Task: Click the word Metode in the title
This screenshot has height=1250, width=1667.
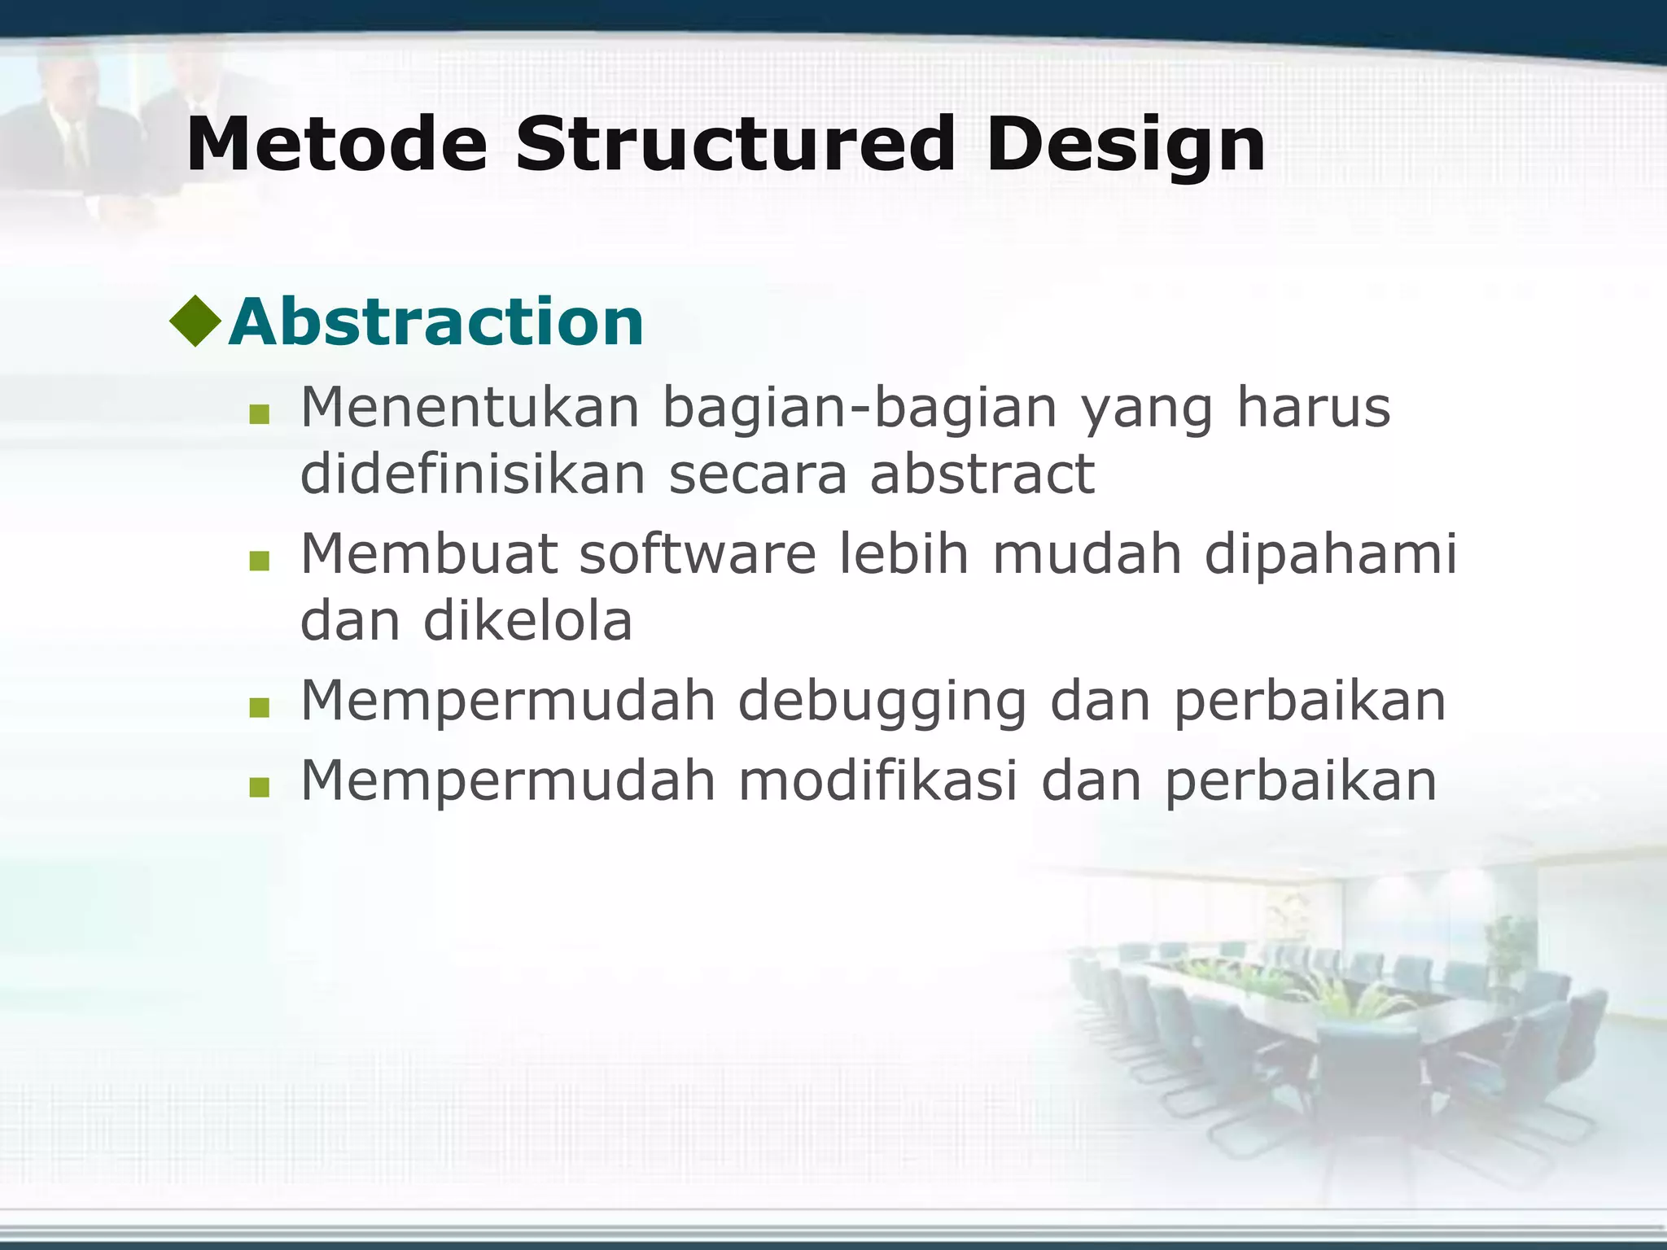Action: click(336, 145)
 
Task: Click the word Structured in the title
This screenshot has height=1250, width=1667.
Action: click(734, 145)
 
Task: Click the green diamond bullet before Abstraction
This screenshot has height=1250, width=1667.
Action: click(195, 320)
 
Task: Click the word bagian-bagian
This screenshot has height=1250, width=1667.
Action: click(860, 409)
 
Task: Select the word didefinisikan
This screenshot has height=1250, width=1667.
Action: click(473, 474)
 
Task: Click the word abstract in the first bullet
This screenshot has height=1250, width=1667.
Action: click(982, 474)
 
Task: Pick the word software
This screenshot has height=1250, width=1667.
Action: click(697, 553)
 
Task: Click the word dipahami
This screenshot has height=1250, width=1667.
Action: click(1330, 555)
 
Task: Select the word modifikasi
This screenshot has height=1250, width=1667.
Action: click(877, 780)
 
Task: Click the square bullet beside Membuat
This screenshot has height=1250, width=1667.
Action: click(260, 561)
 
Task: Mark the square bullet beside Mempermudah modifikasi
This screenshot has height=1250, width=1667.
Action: click(260, 787)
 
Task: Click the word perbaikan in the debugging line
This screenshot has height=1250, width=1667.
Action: click(1309, 702)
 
